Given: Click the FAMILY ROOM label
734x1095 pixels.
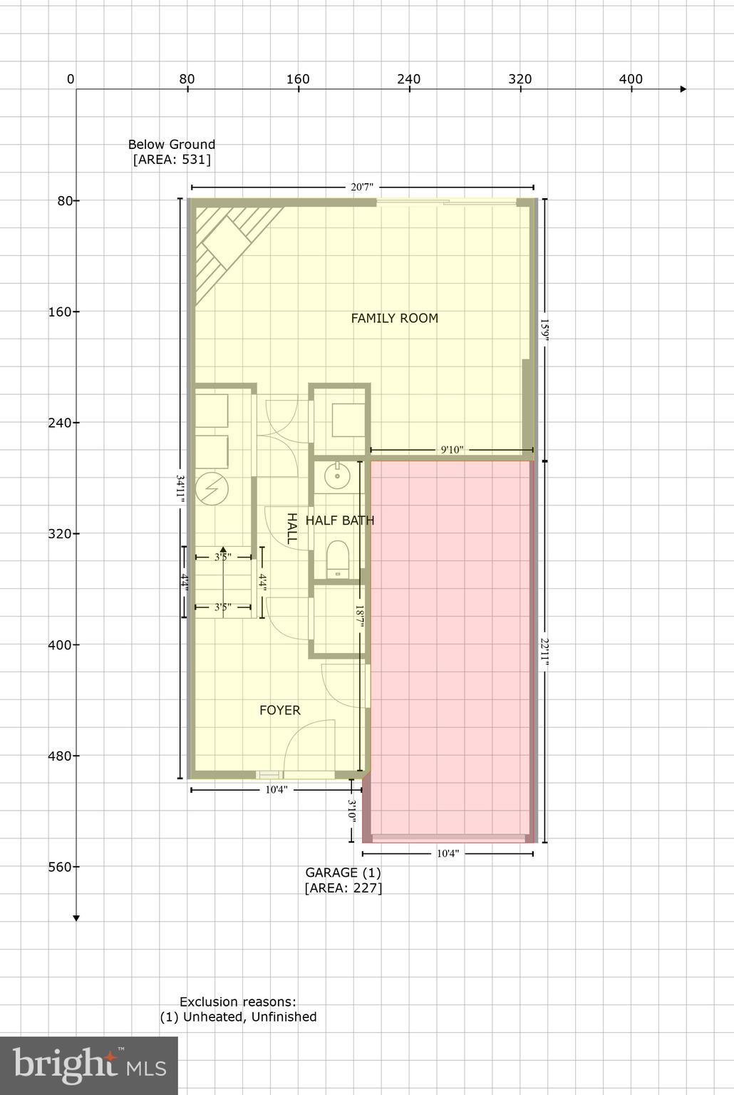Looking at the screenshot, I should pyautogui.click(x=394, y=318).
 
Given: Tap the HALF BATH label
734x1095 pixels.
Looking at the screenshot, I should pyautogui.click(x=340, y=520).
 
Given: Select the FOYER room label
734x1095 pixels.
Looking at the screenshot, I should pyautogui.click(x=279, y=710).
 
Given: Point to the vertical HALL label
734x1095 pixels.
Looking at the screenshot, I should pyautogui.click(x=291, y=528).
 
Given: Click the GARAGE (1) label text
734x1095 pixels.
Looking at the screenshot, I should pyautogui.click(x=343, y=872).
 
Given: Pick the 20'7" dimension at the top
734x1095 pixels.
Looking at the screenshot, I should pyautogui.click(x=362, y=187).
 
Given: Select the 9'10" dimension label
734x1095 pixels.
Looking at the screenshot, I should pyautogui.click(x=452, y=450).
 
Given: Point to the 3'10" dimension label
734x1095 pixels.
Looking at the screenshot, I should pyautogui.click(x=352, y=811).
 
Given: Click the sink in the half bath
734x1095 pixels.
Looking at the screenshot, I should pyautogui.click(x=334, y=474).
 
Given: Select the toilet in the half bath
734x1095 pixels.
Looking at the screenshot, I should pyautogui.click(x=337, y=558).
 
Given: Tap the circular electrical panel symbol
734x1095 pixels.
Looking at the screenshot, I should pyautogui.click(x=212, y=489).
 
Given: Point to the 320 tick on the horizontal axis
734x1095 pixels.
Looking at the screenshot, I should pyautogui.click(x=520, y=79).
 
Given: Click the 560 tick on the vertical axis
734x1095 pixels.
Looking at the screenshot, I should pyautogui.click(x=64, y=867).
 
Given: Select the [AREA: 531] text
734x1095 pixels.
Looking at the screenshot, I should pyautogui.click(x=172, y=160).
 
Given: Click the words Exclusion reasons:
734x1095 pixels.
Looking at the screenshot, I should pyautogui.click(x=237, y=1002).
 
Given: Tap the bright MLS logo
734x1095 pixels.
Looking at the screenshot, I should pyautogui.click(x=89, y=1065).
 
